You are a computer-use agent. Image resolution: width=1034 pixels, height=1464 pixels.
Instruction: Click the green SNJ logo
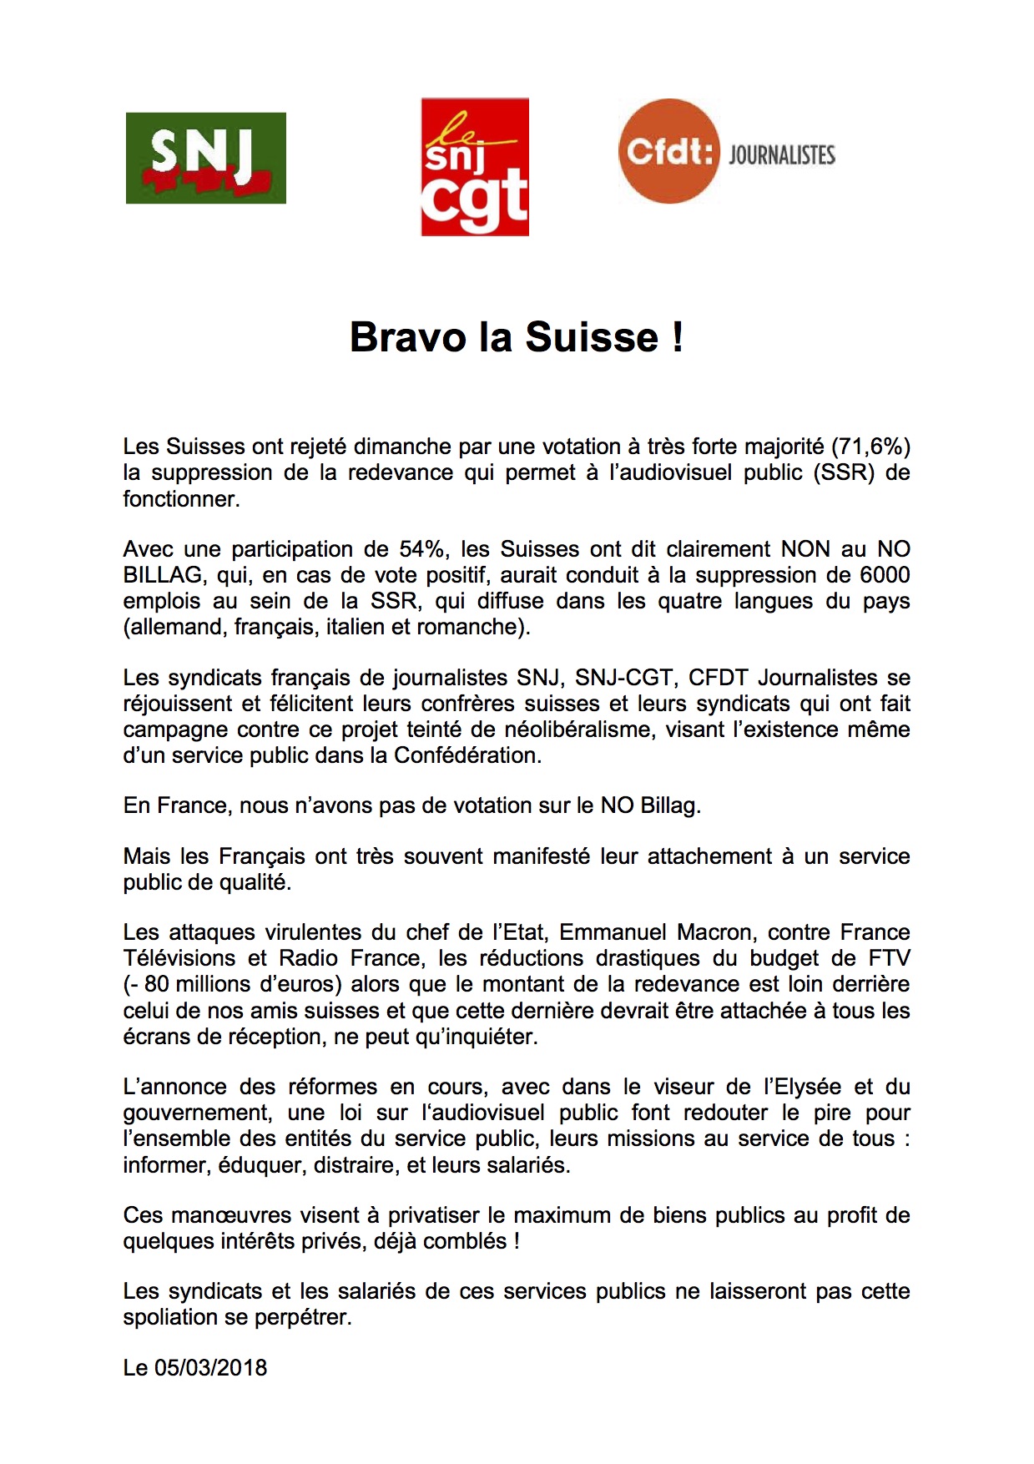pyautogui.click(x=205, y=158)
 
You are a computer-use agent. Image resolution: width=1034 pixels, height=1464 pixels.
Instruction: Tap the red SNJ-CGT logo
pyautogui.click(x=474, y=167)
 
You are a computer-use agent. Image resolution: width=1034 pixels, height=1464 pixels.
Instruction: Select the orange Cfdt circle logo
pyautogui.click(x=668, y=151)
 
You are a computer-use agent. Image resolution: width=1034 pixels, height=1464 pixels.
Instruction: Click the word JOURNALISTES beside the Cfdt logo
pyautogui.click(x=781, y=155)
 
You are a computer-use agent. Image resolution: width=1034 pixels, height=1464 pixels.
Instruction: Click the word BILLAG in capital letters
pyautogui.click(x=163, y=575)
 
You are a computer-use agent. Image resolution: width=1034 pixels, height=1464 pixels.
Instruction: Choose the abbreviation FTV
pyautogui.click(x=888, y=958)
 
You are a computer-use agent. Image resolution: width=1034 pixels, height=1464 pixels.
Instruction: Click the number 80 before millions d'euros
pyautogui.click(x=156, y=984)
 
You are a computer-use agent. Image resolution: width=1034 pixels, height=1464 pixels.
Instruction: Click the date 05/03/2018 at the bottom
pyautogui.click(x=210, y=1368)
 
